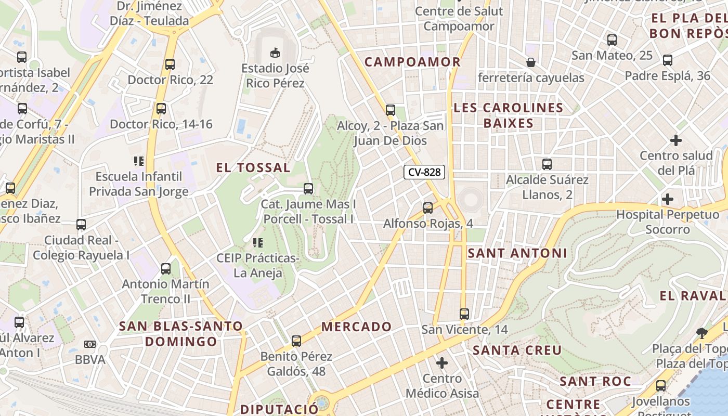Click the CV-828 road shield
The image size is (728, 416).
pyautogui.click(x=424, y=172)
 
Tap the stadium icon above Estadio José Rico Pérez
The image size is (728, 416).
pyautogui.click(x=275, y=52)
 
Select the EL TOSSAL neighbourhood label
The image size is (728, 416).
pyautogui.click(x=253, y=167)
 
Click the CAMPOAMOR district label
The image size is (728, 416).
pyautogui.click(x=412, y=62)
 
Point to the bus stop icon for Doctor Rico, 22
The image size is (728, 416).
pyautogui.click(x=170, y=64)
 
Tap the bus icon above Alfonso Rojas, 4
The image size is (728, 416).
pyautogui.click(x=428, y=208)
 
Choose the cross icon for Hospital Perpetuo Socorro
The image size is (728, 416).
pyautogui.click(x=668, y=199)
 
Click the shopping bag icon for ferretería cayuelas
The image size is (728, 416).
pyautogui.click(x=531, y=62)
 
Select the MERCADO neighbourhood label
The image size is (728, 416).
pyautogui.click(x=357, y=327)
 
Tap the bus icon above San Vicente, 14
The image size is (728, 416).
pyautogui.click(x=464, y=314)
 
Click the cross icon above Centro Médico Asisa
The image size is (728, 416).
pyautogui.click(x=442, y=362)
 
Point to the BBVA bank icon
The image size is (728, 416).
pyautogui.click(x=90, y=344)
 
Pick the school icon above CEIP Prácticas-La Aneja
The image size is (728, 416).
pyautogui.click(x=257, y=242)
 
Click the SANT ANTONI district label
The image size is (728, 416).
pyautogui.click(x=517, y=253)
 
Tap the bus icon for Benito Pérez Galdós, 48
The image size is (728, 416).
pyautogui.click(x=296, y=341)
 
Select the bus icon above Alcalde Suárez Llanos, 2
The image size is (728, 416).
pyautogui.click(x=547, y=164)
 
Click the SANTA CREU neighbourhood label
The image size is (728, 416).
pyautogui.click(x=517, y=350)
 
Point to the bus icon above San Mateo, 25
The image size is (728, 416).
pyautogui.click(x=612, y=40)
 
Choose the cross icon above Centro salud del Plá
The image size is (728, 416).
pyautogui.click(x=676, y=140)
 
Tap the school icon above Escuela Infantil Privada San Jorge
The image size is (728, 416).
pyautogui.click(x=138, y=161)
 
